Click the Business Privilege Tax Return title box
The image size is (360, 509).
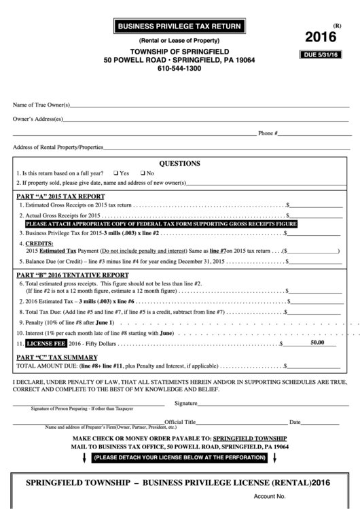coord(179,27)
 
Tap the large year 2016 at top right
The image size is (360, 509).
coord(321,37)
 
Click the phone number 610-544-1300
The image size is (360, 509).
coord(179,69)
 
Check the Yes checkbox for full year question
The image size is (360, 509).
coord(117,173)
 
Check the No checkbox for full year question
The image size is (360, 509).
coord(143,173)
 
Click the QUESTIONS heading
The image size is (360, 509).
coord(179,163)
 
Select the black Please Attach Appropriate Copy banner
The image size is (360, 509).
coord(161,224)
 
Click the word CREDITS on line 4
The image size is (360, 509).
coord(39,243)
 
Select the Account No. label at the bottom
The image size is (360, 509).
coord(270,497)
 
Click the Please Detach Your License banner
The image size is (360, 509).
coord(179,458)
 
